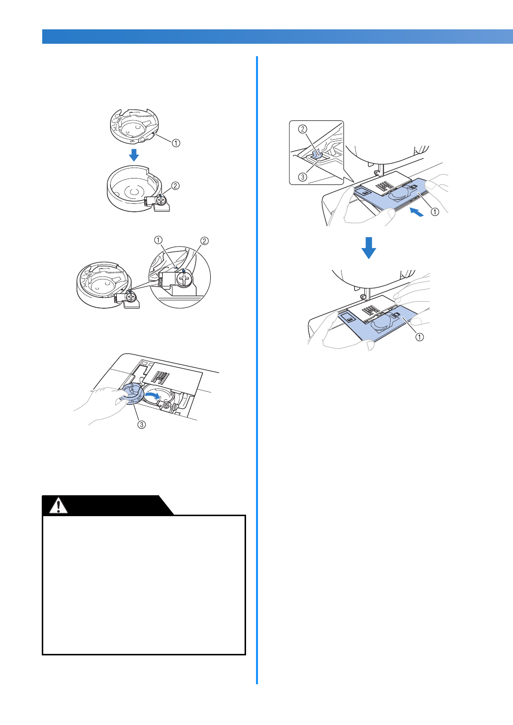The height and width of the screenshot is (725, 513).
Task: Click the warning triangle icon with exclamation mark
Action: coord(59,506)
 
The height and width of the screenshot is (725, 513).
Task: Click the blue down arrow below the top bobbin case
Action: coord(133,155)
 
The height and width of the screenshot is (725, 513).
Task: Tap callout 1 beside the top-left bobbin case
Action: coord(176,143)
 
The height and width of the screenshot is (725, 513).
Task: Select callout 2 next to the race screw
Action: coord(175,186)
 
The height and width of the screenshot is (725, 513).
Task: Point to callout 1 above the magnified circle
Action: coord(158,241)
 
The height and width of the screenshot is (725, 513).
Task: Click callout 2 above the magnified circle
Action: coord(204,241)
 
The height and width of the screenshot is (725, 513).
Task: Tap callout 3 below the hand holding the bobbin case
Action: coord(142,425)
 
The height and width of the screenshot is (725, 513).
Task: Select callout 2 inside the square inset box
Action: coord(302,129)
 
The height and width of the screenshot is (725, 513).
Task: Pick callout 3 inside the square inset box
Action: coord(302,177)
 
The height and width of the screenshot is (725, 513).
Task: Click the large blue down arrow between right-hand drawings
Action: coord(368,248)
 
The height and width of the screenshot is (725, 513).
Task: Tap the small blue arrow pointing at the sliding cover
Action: coord(417,212)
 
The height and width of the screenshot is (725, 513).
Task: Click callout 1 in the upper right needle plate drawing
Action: coord(435,212)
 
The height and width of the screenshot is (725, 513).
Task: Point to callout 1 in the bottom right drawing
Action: coord(420,337)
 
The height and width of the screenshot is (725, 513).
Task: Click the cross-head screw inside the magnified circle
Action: coord(184,280)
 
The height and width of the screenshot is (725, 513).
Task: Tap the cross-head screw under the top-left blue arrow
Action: coord(161,200)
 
